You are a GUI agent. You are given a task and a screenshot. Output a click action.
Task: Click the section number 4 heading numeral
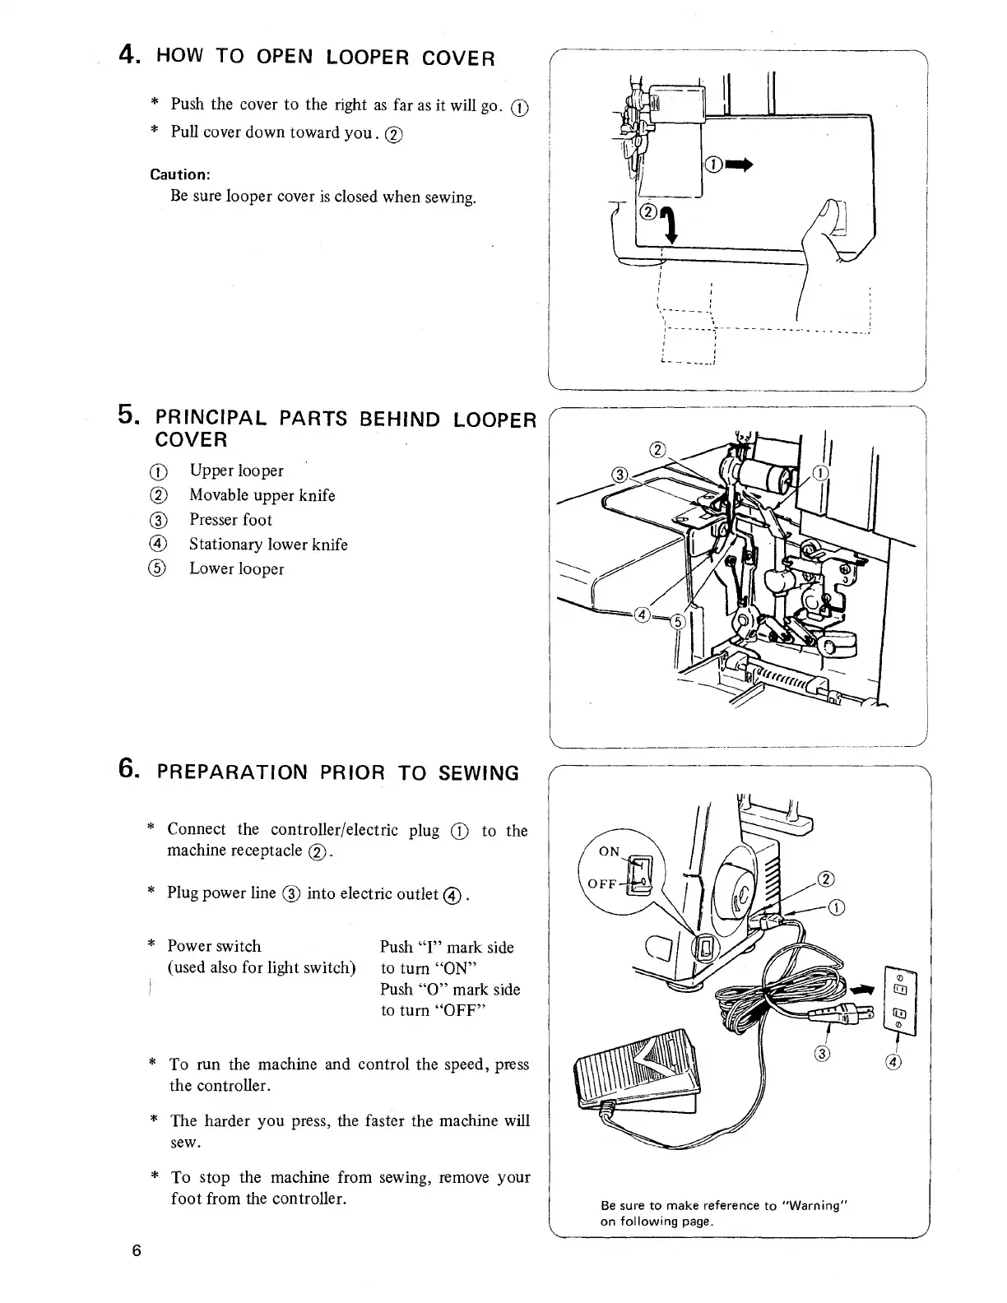128,55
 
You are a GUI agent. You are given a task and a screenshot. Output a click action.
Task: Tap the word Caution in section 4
179,174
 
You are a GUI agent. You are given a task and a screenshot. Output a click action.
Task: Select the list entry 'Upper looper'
236,471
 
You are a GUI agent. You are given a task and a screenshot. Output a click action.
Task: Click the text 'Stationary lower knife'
268,545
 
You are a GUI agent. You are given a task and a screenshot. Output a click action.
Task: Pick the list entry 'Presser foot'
230,520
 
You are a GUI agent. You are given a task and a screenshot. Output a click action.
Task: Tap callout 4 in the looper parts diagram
643,615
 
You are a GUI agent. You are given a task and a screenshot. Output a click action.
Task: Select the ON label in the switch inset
609,851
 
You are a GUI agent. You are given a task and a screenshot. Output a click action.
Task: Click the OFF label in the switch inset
603,884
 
